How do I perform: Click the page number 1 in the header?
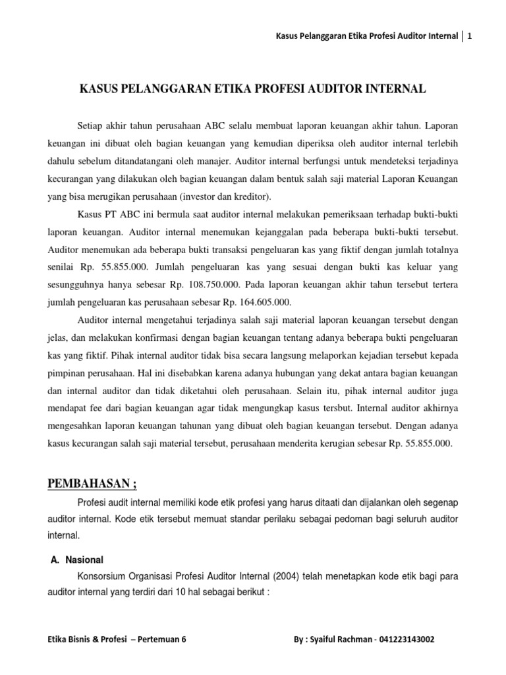pos(470,37)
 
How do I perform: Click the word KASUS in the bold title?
pos(99,88)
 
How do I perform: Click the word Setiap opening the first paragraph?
pos(92,125)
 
